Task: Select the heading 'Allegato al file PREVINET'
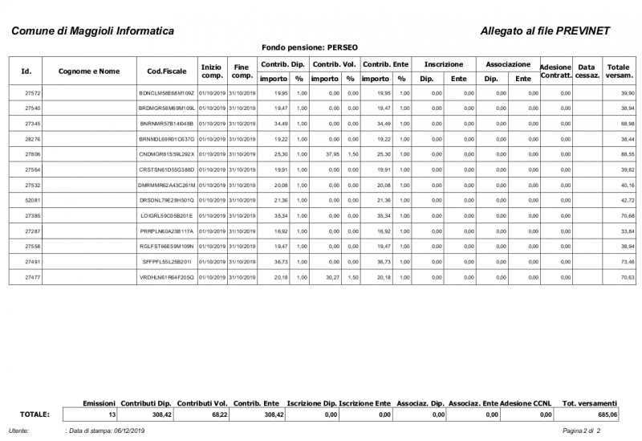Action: (x=544, y=31)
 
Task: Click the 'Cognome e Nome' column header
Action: (x=89, y=71)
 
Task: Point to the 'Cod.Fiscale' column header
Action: (x=167, y=71)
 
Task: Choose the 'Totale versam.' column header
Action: (x=618, y=71)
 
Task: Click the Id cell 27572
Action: (x=34, y=94)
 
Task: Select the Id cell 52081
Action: (x=34, y=199)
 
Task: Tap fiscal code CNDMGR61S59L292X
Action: (x=166, y=153)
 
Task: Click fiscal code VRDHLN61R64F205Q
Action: (x=166, y=277)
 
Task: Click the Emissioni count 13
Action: (x=112, y=414)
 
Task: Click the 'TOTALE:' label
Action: (x=35, y=414)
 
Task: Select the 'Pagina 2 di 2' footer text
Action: (x=582, y=432)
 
